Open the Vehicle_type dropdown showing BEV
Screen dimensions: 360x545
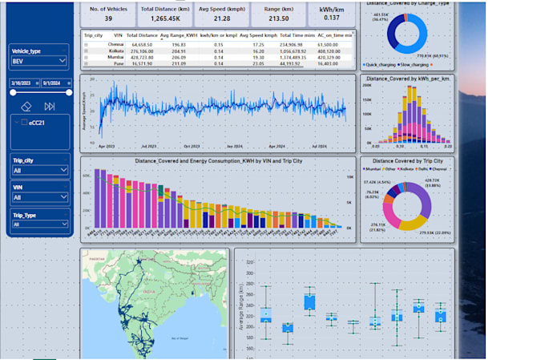tap(39, 60)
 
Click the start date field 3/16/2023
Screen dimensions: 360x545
tap(20, 83)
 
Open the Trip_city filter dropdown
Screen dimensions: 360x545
tap(39, 170)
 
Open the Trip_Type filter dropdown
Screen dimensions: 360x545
tap(39, 224)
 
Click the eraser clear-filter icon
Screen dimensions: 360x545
tap(26, 106)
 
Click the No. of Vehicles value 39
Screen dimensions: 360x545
tap(108, 18)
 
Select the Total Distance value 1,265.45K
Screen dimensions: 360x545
tap(165, 18)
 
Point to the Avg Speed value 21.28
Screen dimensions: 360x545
tap(222, 18)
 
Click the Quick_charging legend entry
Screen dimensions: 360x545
tap(381, 64)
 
